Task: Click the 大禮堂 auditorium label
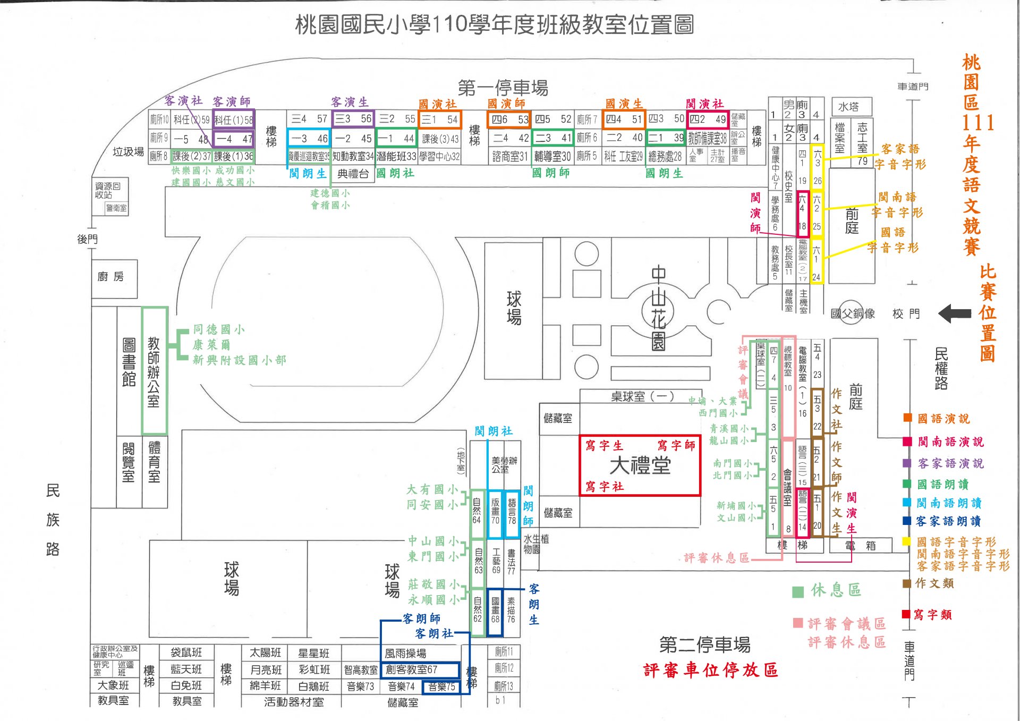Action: point(640,466)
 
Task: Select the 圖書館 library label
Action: point(129,362)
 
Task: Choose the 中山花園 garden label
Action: point(658,308)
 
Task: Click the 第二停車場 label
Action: point(704,644)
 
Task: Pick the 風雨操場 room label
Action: point(405,653)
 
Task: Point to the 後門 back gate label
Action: point(87,239)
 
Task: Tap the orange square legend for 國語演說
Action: point(907,418)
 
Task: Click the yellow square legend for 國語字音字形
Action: point(907,541)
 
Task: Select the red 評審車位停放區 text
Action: point(710,670)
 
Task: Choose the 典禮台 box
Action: point(353,174)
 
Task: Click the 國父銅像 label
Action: point(853,313)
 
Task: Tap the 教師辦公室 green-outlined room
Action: point(154,371)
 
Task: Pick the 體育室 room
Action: point(154,461)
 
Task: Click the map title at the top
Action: point(495,24)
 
